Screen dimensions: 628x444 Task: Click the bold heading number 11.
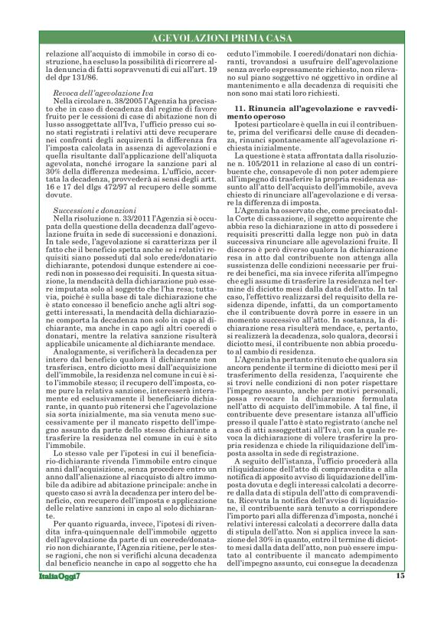click(239, 111)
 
